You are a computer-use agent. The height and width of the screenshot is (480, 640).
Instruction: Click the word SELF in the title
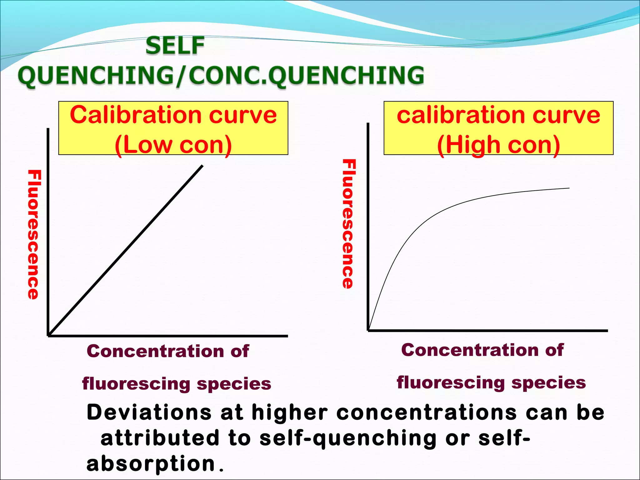click(175, 46)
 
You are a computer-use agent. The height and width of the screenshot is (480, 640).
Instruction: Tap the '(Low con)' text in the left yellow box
click(173, 145)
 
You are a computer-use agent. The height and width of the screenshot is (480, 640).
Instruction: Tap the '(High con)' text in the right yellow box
click(498, 145)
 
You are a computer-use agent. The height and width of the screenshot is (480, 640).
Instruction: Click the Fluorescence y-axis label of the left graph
click(34, 234)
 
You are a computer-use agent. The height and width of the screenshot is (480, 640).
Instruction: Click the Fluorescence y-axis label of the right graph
click(348, 223)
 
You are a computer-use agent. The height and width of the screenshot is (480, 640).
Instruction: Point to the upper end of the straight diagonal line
click(202, 166)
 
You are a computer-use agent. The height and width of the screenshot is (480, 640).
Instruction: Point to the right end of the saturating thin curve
click(568, 188)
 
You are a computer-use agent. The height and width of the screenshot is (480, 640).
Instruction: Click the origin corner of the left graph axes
click(48, 335)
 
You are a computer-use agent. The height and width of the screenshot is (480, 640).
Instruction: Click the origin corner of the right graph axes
click(368, 330)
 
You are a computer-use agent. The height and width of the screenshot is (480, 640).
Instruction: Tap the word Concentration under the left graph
click(155, 351)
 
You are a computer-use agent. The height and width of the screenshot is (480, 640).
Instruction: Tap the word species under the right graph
click(548, 383)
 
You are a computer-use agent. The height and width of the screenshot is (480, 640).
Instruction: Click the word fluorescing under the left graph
click(136, 384)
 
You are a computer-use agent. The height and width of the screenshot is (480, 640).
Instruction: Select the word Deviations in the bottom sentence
click(149, 412)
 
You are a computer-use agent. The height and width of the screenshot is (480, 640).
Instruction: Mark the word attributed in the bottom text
click(160, 438)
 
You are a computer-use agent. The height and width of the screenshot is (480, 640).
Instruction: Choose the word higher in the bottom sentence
click(290, 412)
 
